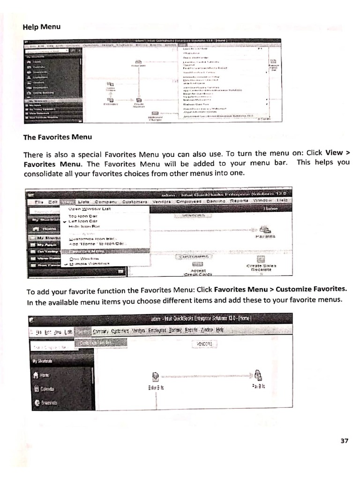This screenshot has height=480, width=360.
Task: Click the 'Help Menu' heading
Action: (x=42, y=27)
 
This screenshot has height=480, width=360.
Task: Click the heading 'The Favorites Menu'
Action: (x=58, y=137)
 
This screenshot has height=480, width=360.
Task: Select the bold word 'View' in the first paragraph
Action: (x=334, y=153)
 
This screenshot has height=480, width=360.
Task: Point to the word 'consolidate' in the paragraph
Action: (x=43, y=173)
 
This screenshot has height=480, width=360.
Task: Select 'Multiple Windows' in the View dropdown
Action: (x=89, y=263)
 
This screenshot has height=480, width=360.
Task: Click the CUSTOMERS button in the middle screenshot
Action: (x=194, y=256)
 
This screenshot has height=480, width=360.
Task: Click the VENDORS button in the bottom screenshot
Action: (x=204, y=344)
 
